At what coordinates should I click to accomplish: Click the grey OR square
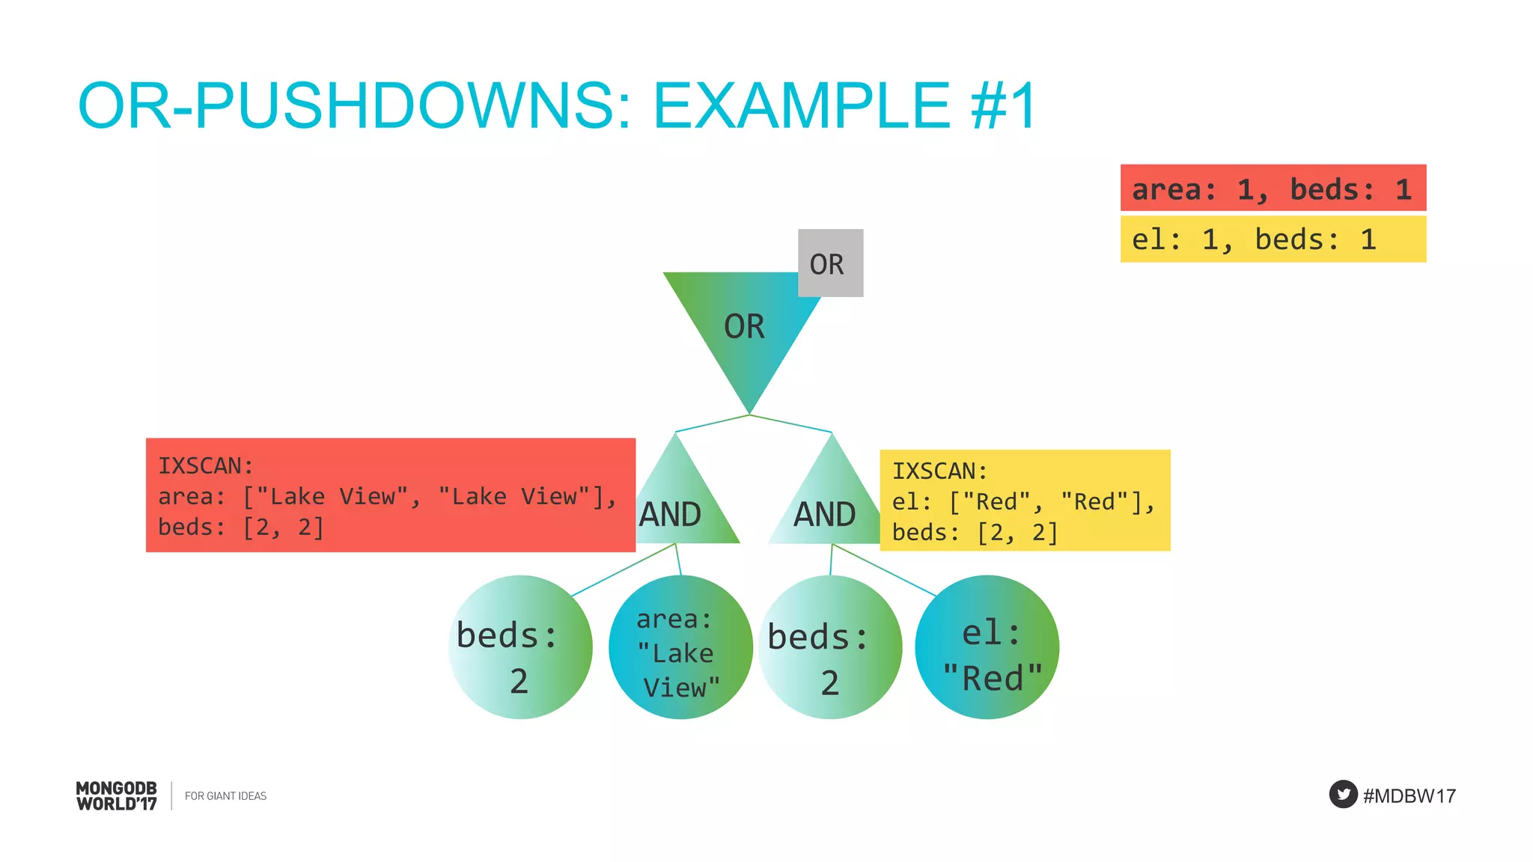tap(830, 263)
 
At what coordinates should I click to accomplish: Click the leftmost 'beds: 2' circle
tap(520, 647)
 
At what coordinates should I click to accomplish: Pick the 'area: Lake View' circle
tap(680, 647)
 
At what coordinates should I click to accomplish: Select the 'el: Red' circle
tap(987, 647)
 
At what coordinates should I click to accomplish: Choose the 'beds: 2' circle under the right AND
tap(829, 647)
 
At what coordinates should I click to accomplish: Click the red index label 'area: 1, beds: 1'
tap(1273, 188)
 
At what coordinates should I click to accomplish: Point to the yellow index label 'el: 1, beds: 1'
tap(1273, 239)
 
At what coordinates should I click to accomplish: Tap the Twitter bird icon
tap(1343, 794)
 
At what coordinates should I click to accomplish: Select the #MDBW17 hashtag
tap(1409, 795)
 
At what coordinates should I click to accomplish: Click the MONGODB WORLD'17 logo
tap(117, 795)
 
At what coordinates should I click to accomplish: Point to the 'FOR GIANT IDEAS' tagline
tap(225, 796)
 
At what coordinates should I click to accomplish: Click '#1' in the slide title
tap(1003, 106)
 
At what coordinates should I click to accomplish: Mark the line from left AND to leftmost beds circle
tap(623, 570)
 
